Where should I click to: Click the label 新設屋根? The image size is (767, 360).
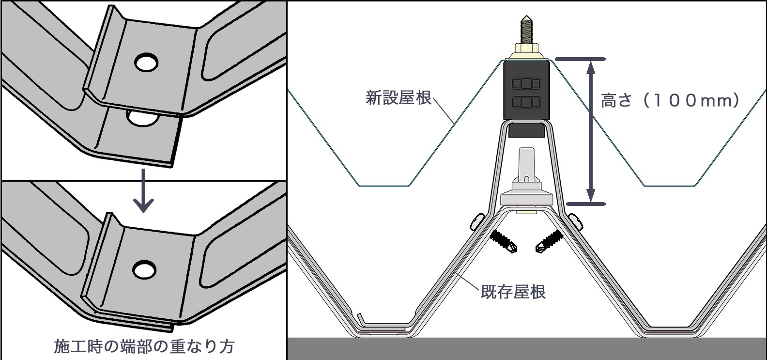398,98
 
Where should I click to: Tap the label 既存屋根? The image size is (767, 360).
513,292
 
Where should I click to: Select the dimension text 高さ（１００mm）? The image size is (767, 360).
670,100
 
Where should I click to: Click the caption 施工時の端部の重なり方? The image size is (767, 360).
144,346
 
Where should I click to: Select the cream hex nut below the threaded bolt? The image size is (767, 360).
526,50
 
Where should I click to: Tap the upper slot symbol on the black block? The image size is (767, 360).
526,84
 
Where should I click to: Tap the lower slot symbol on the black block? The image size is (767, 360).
526,102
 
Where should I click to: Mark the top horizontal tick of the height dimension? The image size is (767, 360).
580,60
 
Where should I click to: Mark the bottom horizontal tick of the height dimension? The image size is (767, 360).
585,204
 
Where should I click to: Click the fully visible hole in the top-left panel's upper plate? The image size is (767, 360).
146,62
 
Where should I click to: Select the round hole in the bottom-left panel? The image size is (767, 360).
144,269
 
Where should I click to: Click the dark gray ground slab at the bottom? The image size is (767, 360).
526,349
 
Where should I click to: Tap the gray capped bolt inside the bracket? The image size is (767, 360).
526,182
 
